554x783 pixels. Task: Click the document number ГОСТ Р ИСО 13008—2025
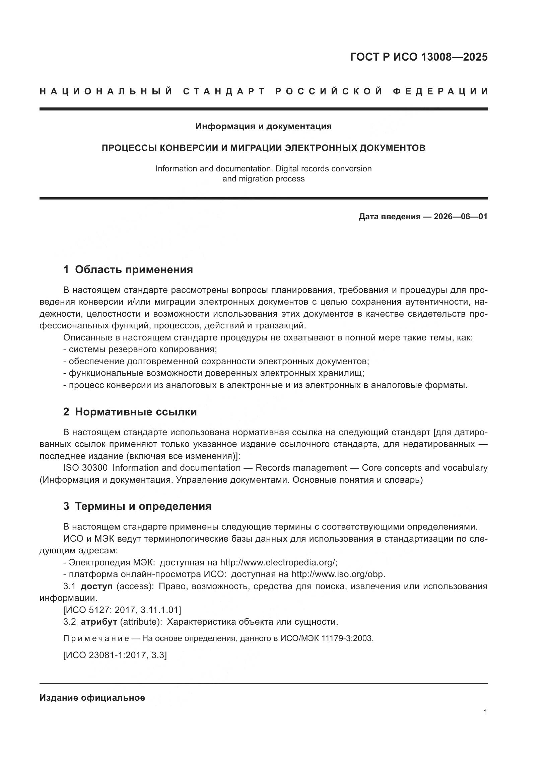tap(419, 57)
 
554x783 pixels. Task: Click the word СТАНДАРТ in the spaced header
tap(224, 91)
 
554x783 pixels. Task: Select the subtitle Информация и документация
tap(263, 127)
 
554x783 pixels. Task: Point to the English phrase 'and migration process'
tap(263, 179)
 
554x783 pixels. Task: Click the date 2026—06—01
tap(460, 217)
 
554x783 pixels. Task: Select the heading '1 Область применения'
tap(128, 270)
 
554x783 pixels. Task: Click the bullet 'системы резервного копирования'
tap(143, 349)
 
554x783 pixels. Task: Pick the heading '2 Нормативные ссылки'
tap(130, 412)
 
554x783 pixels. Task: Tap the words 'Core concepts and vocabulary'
tap(424, 468)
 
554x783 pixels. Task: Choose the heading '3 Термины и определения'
tap(137, 506)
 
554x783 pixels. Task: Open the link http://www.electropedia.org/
tap(278, 562)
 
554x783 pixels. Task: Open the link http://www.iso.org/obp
tap(338, 574)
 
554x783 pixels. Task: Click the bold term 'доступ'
tap(96, 586)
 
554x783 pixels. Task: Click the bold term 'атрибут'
tap(99, 622)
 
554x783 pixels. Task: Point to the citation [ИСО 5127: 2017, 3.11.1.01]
tap(122, 610)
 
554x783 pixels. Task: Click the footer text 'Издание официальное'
tap(92, 698)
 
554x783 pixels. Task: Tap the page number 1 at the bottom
tap(485, 712)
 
